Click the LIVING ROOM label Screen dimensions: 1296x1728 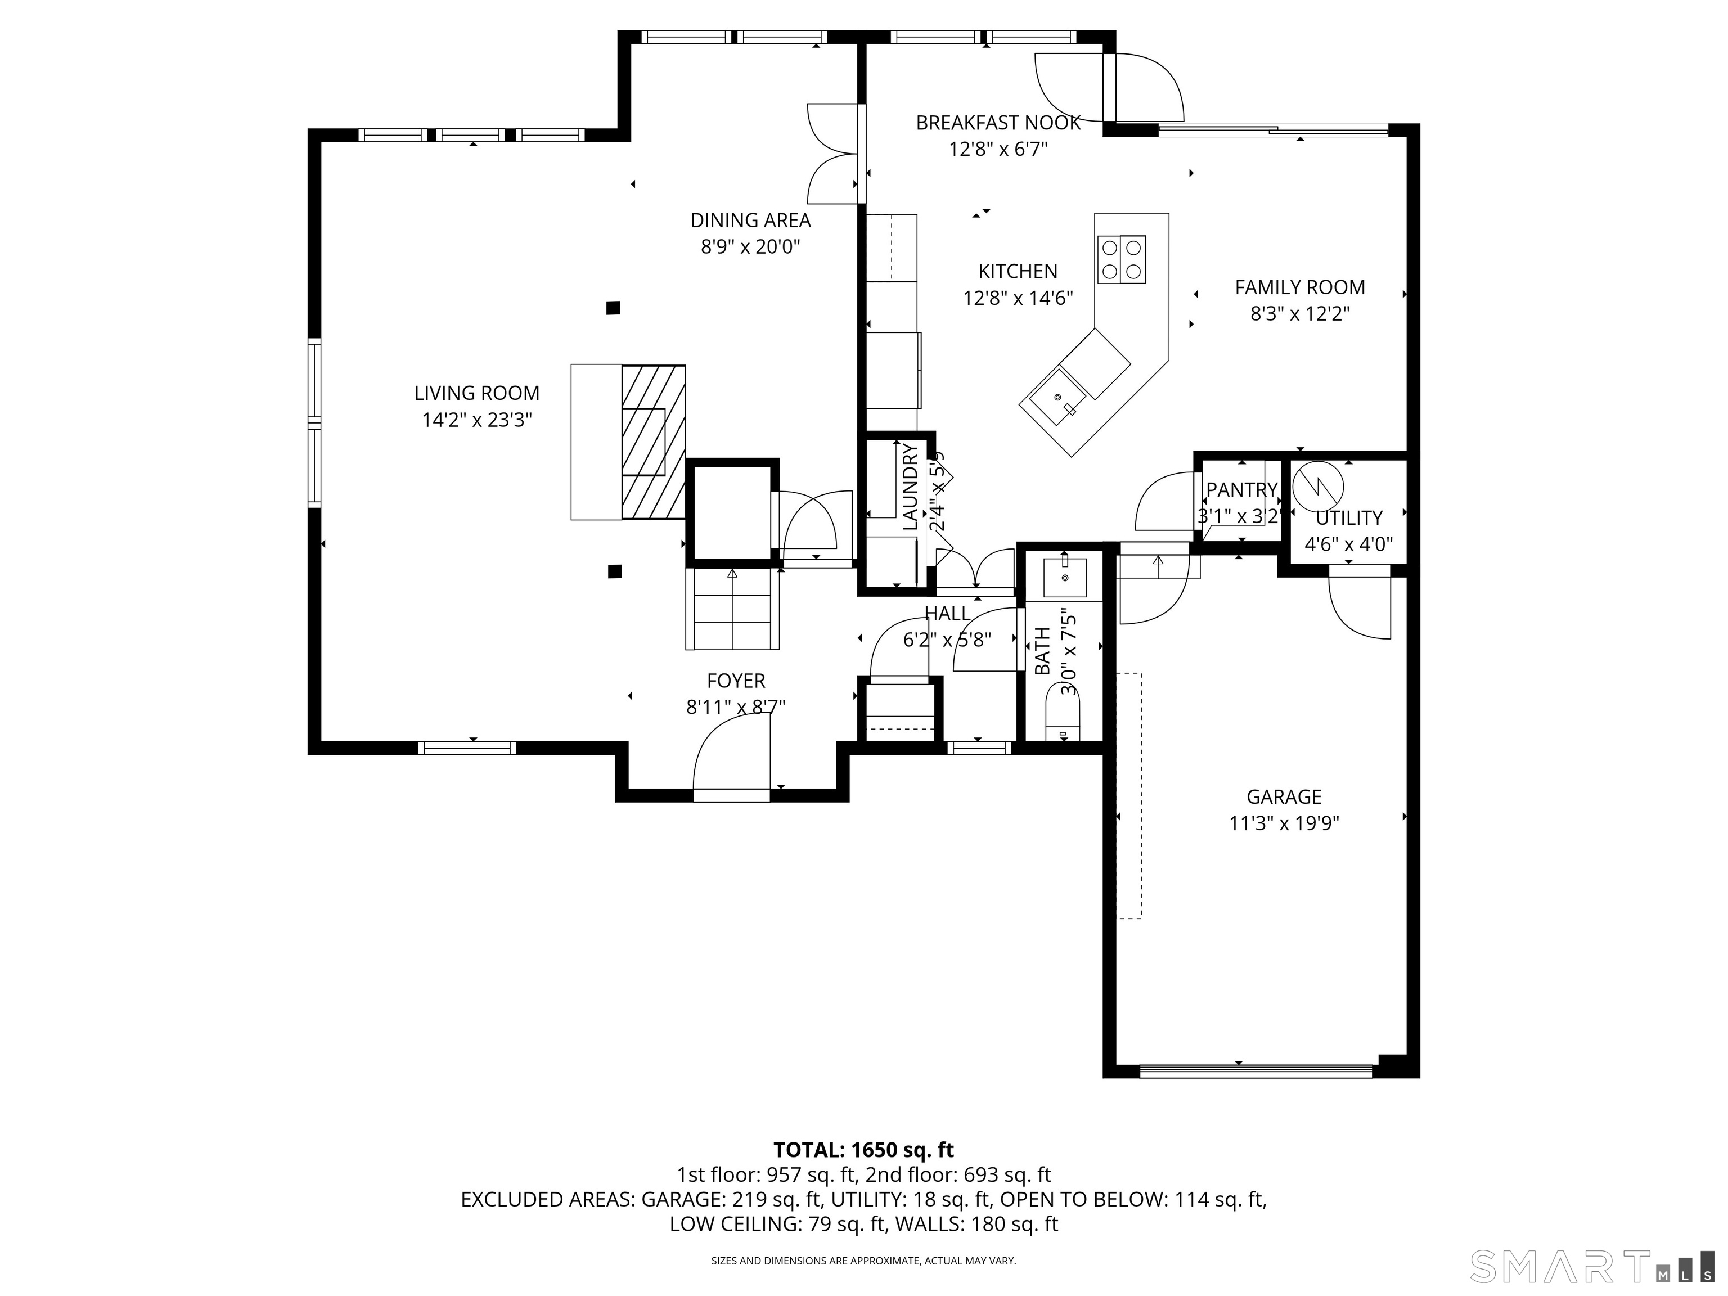tap(476, 393)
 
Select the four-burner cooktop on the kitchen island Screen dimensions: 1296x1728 tap(1122, 259)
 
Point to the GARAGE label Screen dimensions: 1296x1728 tap(1284, 797)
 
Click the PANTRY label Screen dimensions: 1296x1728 tap(1241, 490)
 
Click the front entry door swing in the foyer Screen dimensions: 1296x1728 tap(731, 754)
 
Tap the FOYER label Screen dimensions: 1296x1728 tap(736, 681)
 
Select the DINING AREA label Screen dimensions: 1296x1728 tap(750, 220)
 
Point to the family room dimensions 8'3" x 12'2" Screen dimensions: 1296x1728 tap(1299, 314)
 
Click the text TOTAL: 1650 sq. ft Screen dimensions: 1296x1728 tap(863, 1150)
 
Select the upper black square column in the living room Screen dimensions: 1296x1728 tap(613, 308)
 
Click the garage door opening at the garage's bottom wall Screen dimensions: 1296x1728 tap(1255, 1071)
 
